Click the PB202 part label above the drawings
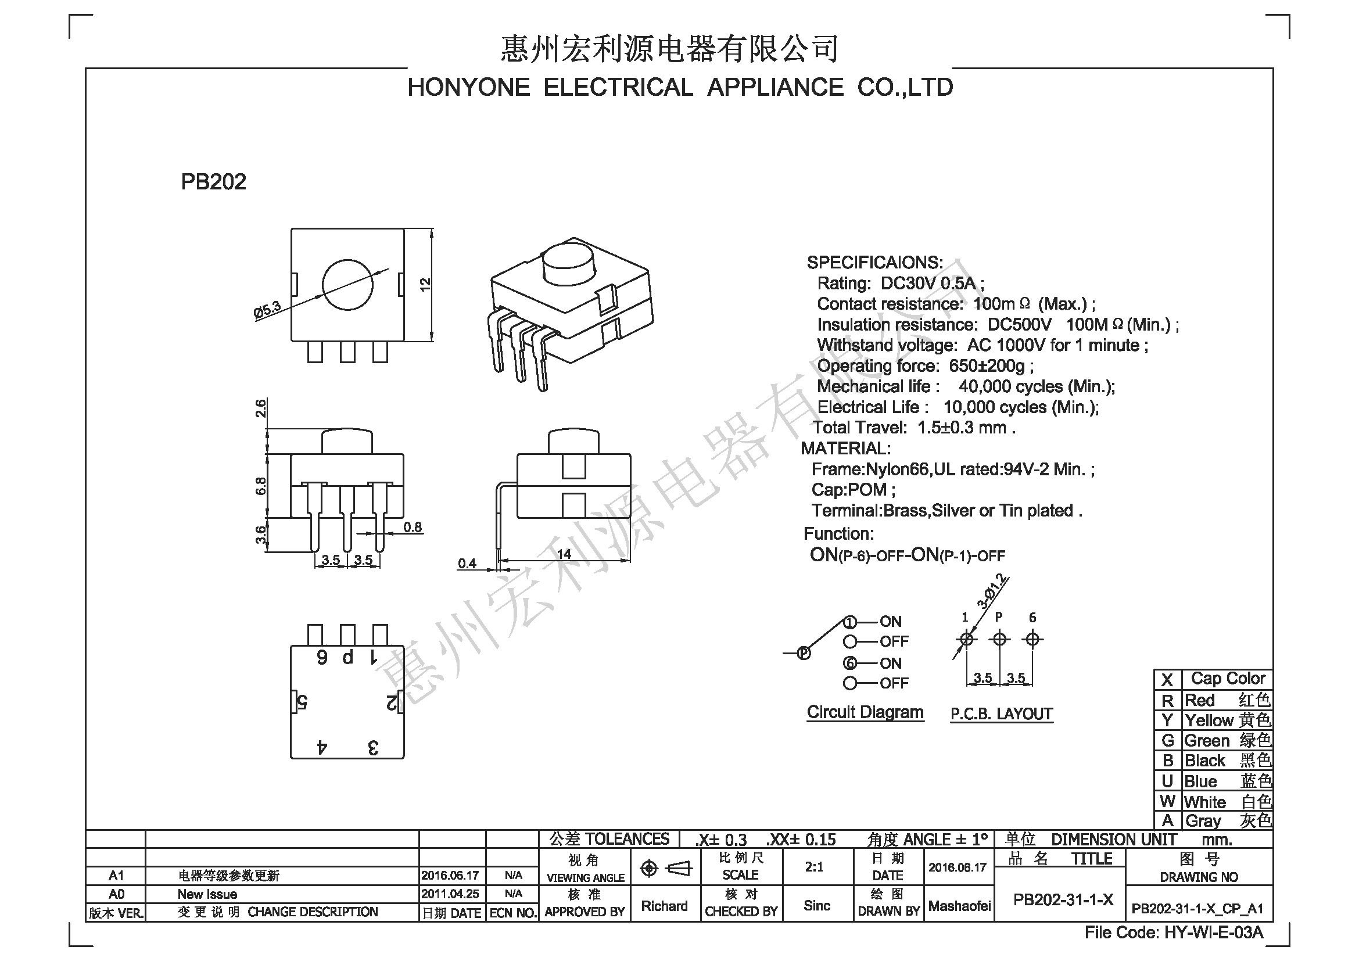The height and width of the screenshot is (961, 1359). point(213,182)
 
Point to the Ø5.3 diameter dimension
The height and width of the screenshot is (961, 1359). point(267,310)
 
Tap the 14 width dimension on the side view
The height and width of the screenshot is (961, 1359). point(564,554)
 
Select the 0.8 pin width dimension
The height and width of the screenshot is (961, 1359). point(413,526)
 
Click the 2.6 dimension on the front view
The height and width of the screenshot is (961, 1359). point(260,408)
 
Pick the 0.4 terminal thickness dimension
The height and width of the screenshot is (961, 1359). point(467,564)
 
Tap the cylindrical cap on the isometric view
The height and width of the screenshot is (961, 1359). point(568,263)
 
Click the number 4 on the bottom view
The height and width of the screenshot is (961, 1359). point(322,747)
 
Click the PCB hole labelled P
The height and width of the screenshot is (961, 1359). point(1000,639)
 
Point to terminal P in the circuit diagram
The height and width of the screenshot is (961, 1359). point(803,653)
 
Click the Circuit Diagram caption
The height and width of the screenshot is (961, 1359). point(865,712)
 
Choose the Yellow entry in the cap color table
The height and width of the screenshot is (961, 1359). point(1228,720)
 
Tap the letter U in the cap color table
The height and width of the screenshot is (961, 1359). point(1167,781)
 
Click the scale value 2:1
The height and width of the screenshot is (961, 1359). point(815,867)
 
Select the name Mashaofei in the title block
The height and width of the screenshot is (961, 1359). point(959,906)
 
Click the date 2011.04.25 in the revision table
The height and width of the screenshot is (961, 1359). point(450,894)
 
